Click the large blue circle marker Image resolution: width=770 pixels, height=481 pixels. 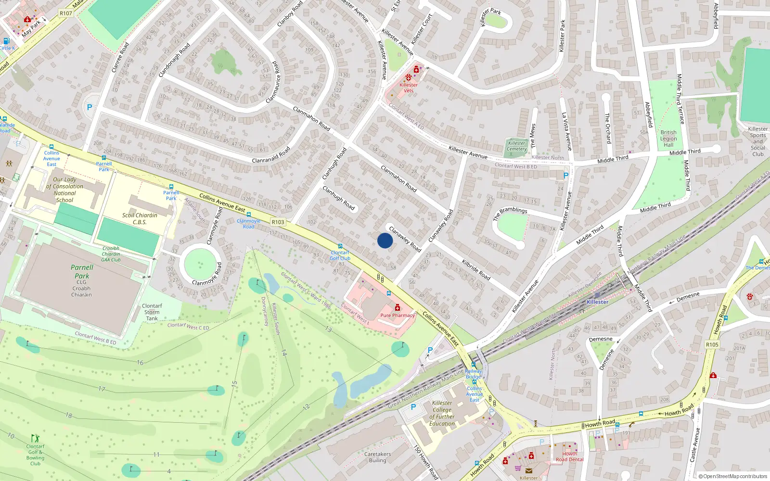click(x=385, y=240)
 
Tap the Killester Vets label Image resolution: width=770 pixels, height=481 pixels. click(x=409, y=88)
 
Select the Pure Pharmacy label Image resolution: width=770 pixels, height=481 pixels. click(x=398, y=316)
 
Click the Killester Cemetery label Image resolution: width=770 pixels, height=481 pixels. click(x=517, y=146)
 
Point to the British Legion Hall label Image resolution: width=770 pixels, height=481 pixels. click(x=668, y=139)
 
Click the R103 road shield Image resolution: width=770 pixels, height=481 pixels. click(x=278, y=222)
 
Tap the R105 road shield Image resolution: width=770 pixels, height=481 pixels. click(x=712, y=344)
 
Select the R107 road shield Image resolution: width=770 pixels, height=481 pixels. click(x=66, y=13)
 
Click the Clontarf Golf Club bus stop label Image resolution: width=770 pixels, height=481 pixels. click(x=340, y=255)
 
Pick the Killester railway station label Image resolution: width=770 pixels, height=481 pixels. click(x=598, y=302)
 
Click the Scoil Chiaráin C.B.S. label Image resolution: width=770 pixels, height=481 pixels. click(x=140, y=218)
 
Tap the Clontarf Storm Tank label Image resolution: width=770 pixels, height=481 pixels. click(x=152, y=312)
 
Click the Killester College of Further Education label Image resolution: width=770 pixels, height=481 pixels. click(x=442, y=413)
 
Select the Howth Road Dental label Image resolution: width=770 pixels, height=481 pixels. click(x=570, y=456)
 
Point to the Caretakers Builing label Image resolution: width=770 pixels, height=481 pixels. click(x=378, y=457)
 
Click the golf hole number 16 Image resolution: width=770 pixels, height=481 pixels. click(x=140, y=363)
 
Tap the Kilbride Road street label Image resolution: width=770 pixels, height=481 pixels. click(x=476, y=269)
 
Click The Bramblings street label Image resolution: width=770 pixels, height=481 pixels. click(x=510, y=213)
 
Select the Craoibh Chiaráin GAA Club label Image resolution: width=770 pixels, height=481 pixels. click(x=111, y=254)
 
